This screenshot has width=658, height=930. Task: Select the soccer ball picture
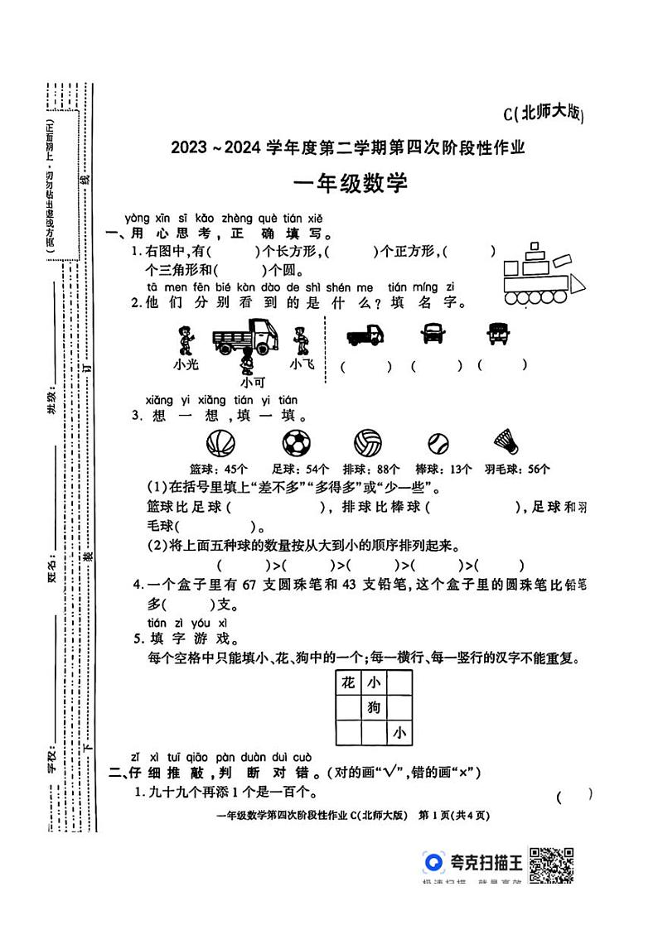coord(294,443)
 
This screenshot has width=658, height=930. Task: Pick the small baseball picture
coord(438,444)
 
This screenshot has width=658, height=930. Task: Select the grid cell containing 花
coord(348,682)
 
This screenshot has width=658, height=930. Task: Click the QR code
coord(552,866)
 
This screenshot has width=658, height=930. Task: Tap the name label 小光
coord(186,364)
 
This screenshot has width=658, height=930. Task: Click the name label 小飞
coord(301,364)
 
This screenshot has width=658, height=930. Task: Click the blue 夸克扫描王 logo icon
coord(433,863)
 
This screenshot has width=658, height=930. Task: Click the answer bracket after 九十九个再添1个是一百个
coord(574,797)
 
